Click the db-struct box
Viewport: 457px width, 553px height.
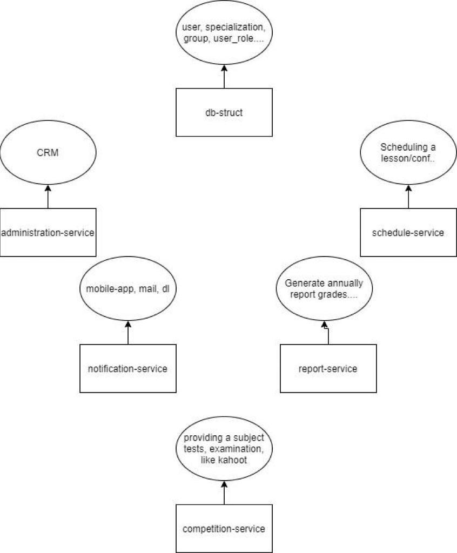(x=224, y=112)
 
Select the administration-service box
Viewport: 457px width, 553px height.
(x=48, y=232)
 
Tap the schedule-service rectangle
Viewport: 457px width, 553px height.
(x=408, y=232)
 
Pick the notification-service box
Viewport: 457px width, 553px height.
(x=127, y=369)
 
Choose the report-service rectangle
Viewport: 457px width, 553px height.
(x=328, y=369)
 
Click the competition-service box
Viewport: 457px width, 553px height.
(x=224, y=528)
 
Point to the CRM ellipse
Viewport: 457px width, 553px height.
(x=48, y=153)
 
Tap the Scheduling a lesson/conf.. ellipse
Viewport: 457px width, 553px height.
(x=408, y=153)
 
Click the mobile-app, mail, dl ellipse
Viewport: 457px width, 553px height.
(x=127, y=288)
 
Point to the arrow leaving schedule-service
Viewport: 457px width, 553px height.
(x=408, y=196)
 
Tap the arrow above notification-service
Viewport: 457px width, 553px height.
(x=128, y=332)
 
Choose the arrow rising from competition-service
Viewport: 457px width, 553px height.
(x=224, y=491)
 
